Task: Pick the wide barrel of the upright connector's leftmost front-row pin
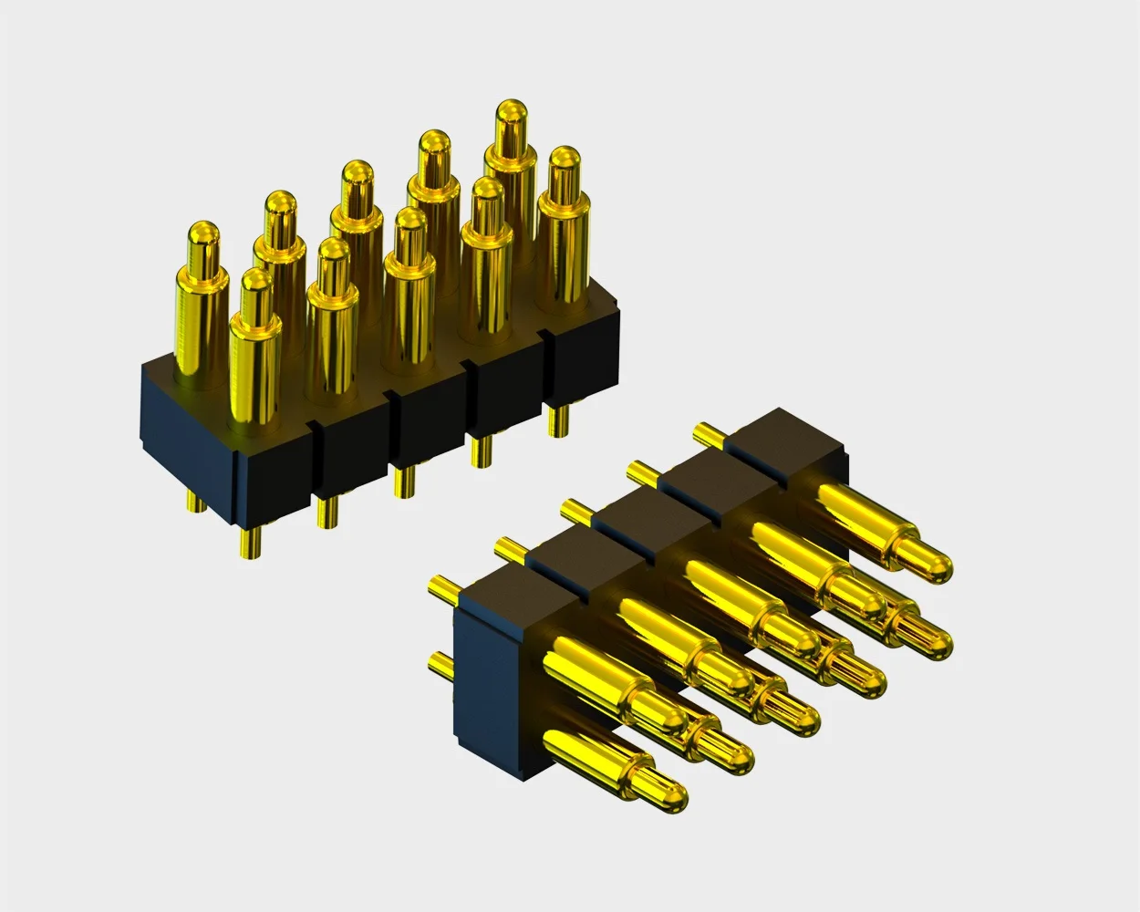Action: (254, 365)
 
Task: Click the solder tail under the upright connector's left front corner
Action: (249, 542)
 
